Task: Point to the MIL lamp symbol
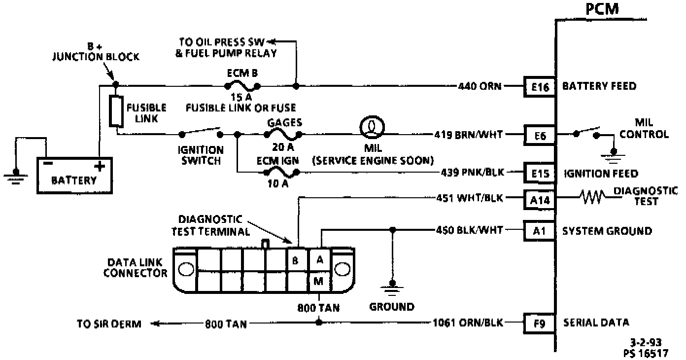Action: [x=370, y=128]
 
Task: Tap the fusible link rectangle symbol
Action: [x=116, y=111]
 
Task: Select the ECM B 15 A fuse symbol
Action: [x=242, y=86]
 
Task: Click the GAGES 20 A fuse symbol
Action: [x=283, y=134]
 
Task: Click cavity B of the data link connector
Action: [x=296, y=260]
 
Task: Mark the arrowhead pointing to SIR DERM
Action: [x=154, y=324]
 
